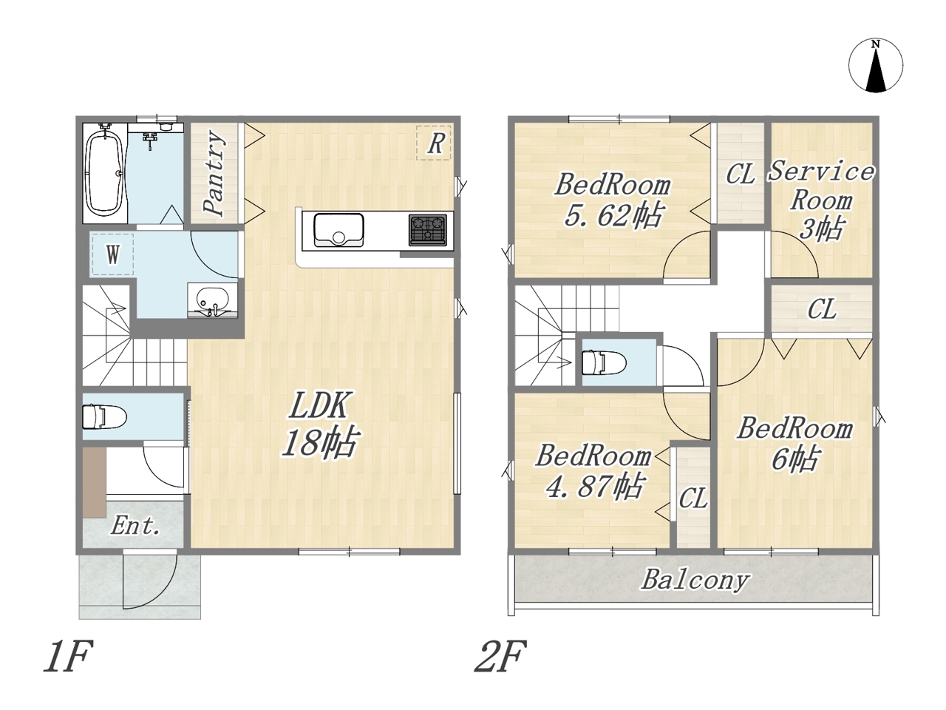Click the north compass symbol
click(x=876, y=66)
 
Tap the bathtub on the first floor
click(x=105, y=173)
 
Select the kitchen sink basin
click(x=338, y=230)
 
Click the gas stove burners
click(x=427, y=230)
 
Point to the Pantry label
click(x=214, y=173)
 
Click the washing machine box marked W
click(x=112, y=254)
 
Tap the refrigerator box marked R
click(x=434, y=143)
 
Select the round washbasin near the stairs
click(x=212, y=300)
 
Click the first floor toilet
click(x=104, y=417)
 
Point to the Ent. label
click(x=135, y=526)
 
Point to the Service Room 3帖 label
click(x=821, y=200)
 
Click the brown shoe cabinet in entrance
click(x=95, y=482)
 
